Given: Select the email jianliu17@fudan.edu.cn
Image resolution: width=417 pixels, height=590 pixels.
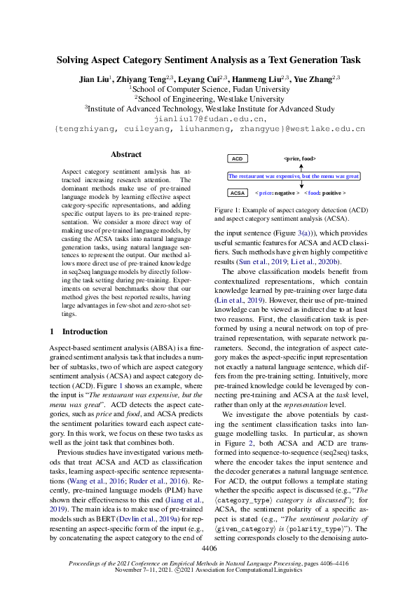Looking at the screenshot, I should [208, 119].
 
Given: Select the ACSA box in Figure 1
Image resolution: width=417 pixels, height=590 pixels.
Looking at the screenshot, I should [238, 192].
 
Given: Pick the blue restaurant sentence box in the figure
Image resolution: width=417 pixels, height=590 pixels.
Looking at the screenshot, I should [294, 177].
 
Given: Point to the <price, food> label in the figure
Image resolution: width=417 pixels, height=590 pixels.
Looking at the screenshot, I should [300, 160].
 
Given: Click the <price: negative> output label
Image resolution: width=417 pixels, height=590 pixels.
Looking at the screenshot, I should [278, 192].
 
